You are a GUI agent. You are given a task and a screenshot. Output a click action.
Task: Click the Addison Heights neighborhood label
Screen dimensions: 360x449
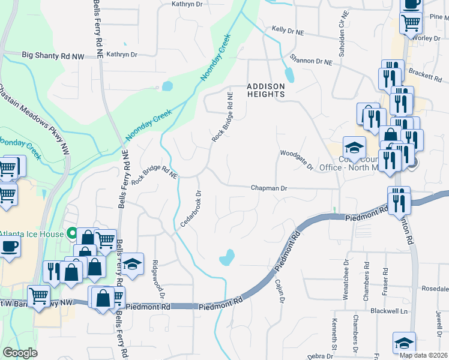point(265,90)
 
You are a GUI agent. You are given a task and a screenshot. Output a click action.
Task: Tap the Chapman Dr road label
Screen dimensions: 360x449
point(269,188)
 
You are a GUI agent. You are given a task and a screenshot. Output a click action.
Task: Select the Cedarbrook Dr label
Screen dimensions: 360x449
point(190,209)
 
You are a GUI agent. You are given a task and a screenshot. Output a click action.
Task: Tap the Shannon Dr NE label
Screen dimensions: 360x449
point(310,61)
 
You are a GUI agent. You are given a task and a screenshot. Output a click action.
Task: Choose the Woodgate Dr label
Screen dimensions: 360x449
point(297,159)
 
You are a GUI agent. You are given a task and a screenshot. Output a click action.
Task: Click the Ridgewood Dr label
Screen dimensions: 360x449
point(158,279)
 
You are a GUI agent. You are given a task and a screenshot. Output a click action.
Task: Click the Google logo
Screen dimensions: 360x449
point(20,353)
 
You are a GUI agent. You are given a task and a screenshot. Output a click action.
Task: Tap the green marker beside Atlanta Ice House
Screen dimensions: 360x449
point(72,233)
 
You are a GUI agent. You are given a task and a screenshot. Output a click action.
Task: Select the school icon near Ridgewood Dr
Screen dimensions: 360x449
point(132,263)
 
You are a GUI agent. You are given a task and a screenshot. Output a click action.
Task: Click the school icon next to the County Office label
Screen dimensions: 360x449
point(354,147)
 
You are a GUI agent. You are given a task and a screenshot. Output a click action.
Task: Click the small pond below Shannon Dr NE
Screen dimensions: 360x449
point(290,75)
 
